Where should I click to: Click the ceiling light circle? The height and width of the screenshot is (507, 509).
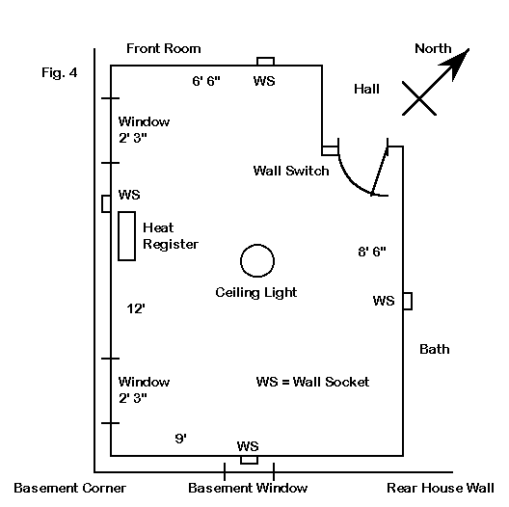(x=257, y=246)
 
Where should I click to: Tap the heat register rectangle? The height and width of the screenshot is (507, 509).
(x=119, y=236)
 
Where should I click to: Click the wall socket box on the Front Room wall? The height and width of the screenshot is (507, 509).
(x=265, y=58)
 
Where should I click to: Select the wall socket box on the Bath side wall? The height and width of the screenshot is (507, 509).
(x=412, y=301)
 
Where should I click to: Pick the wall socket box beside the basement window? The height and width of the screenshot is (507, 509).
(x=250, y=464)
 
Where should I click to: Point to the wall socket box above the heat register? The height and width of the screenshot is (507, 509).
(x=102, y=203)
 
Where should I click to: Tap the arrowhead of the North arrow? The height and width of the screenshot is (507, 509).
(x=456, y=63)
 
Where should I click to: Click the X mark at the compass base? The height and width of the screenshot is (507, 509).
(x=419, y=98)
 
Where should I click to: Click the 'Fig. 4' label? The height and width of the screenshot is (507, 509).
(x=60, y=72)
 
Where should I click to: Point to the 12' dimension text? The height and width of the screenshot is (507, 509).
(x=136, y=308)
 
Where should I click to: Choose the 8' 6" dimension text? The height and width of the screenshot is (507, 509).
(x=372, y=252)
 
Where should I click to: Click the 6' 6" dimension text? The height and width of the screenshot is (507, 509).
(x=206, y=81)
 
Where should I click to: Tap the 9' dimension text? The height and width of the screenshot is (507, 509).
(x=181, y=439)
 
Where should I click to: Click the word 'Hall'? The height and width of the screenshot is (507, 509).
(x=366, y=89)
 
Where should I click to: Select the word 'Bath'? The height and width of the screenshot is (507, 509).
(x=435, y=349)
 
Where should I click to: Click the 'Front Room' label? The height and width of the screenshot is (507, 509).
(x=164, y=49)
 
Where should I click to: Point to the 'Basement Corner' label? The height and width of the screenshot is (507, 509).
(x=69, y=488)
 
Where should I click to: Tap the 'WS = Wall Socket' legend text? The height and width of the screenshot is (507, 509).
(x=312, y=382)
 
